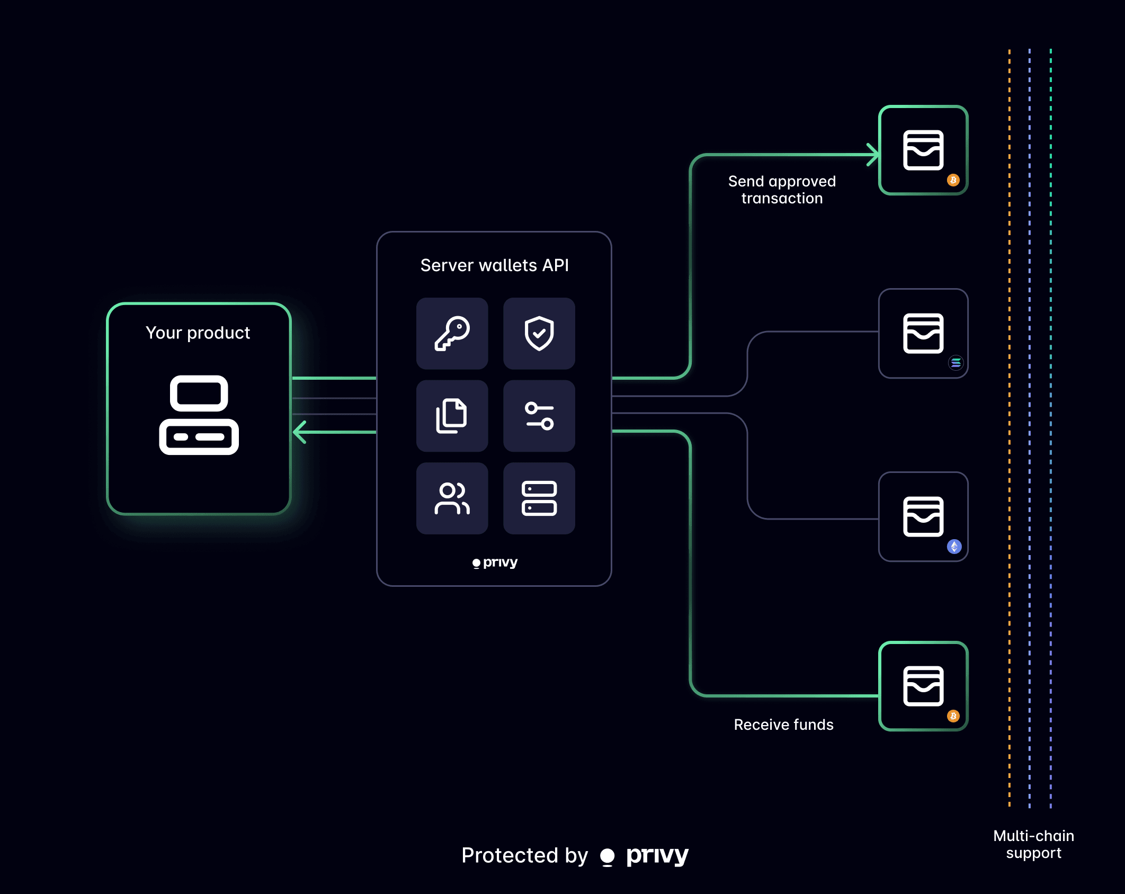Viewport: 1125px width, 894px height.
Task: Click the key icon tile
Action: (452, 334)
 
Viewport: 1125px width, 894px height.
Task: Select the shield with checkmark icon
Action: (539, 334)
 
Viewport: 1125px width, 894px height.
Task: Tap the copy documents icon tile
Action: (452, 416)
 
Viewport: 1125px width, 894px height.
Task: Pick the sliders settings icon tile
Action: (539, 416)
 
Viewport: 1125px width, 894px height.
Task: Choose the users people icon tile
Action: (452, 498)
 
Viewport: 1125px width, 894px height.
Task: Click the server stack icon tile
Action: (539, 498)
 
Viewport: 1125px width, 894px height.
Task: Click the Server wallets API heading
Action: (494, 265)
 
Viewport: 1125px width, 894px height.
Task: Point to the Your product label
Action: (198, 333)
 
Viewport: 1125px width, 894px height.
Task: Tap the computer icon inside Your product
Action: (199, 415)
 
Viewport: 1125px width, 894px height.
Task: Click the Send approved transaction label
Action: (782, 190)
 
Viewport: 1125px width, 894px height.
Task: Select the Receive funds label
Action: (783, 725)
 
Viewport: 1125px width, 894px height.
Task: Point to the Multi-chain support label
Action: (1033, 844)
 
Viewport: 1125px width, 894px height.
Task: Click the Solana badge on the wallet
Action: (956, 363)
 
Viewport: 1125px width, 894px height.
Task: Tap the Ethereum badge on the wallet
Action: (954, 546)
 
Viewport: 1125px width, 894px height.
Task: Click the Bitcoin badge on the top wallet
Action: (953, 180)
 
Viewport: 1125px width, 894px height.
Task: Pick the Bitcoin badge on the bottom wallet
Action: (953, 716)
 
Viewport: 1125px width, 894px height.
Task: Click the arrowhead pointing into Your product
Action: (300, 432)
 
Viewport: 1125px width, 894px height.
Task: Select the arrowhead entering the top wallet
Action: (872, 155)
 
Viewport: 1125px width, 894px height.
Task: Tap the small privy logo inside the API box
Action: (495, 562)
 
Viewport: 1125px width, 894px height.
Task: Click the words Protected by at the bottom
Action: (524, 855)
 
